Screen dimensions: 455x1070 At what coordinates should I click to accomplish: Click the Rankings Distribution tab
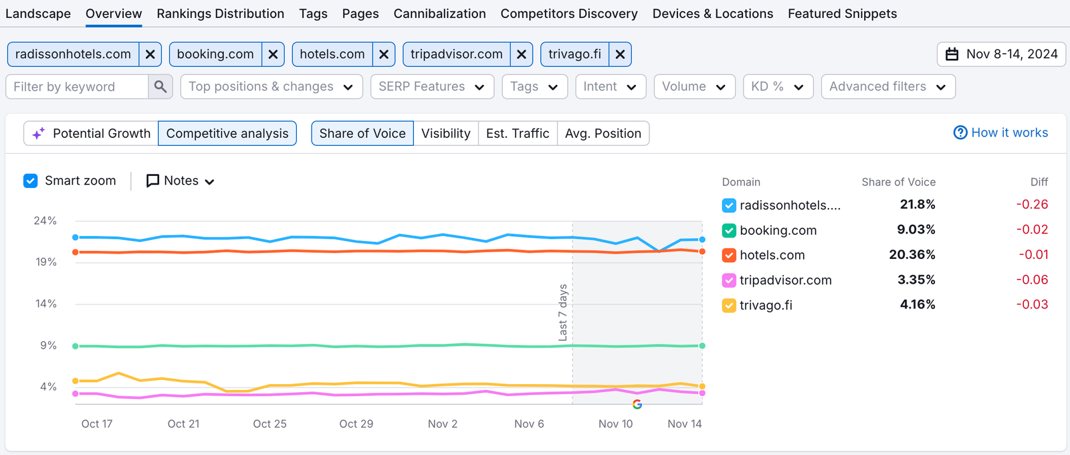coord(220,13)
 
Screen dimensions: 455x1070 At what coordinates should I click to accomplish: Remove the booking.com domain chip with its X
coord(273,54)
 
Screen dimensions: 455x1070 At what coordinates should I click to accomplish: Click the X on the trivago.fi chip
coord(620,54)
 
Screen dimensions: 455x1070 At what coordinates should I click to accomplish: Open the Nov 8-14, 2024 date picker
coord(1001,54)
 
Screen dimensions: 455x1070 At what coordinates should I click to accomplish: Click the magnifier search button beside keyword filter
coord(160,86)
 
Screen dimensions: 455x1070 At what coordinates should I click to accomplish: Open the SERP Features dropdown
coord(432,86)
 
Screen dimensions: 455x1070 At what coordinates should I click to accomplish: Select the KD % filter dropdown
coord(778,86)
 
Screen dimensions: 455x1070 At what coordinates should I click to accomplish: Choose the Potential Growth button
coord(92,133)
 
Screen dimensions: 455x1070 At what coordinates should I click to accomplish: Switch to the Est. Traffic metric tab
coord(518,133)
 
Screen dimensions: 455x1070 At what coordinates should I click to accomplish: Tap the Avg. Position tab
coord(603,133)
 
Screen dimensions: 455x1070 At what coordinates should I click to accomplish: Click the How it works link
coord(1001,132)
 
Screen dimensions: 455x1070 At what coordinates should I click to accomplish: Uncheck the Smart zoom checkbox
coord(31,181)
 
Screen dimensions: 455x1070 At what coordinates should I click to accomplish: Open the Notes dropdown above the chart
coord(181,181)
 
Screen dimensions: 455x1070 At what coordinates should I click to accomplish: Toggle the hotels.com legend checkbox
coord(729,255)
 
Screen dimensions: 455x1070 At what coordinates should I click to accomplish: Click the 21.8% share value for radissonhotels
coord(917,204)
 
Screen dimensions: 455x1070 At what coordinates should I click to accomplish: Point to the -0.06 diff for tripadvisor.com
coord(1032,280)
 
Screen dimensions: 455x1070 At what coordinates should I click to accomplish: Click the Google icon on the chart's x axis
coord(637,404)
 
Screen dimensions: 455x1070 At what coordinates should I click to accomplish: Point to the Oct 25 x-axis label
coord(270,424)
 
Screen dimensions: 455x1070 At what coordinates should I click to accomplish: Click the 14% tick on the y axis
coord(46,304)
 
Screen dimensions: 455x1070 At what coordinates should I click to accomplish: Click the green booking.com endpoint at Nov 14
coord(702,346)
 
